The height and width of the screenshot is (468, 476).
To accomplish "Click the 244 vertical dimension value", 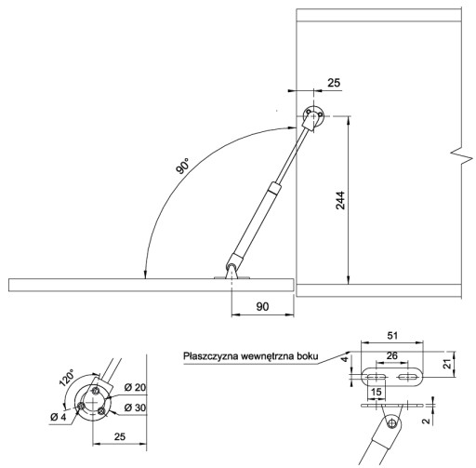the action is pyautogui.click(x=340, y=200).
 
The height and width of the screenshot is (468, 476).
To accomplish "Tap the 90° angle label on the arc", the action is pyautogui.click(x=182, y=166).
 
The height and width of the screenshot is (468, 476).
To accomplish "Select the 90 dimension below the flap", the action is pyautogui.click(x=262, y=306).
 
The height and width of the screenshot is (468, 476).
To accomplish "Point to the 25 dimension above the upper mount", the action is pyautogui.click(x=334, y=83).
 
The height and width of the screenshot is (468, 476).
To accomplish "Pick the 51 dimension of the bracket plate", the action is pyautogui.click(x=392, y=336).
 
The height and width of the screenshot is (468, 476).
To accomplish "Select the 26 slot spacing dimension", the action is pyautogui.click(x=392, y=355).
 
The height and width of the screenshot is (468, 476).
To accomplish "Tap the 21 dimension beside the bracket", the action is pyautogui.click(x=447, y=364).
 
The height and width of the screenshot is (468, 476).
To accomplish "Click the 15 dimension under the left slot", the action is pyautogui.click(x=377, y=392).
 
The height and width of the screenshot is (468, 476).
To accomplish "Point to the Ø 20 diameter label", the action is pyautogui.click(x=135, y=387).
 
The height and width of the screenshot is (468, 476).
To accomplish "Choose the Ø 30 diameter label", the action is pyautogui.click(x=135, y=408).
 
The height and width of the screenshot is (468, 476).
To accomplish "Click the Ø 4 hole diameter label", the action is pyautogui.click(x=59, y=417).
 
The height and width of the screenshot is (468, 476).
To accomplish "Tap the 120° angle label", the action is pyautogui.click(x=67, y=378).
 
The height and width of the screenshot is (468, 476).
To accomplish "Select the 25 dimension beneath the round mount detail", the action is pyautogui.click(x=120, y=436).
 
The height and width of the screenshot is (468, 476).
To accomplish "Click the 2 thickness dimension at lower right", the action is pyautogui.click(x=427, y=421).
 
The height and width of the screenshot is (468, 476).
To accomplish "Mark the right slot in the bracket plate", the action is pyautogui.click(x=408, y=377).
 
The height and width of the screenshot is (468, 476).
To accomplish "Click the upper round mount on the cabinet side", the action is pyautogui.click(x=313, y=115).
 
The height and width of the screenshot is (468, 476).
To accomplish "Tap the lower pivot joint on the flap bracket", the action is pyautogui.click(x=231, y=267).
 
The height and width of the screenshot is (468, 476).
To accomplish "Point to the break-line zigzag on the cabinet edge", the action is pyautogui.click(x=462, y=157).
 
